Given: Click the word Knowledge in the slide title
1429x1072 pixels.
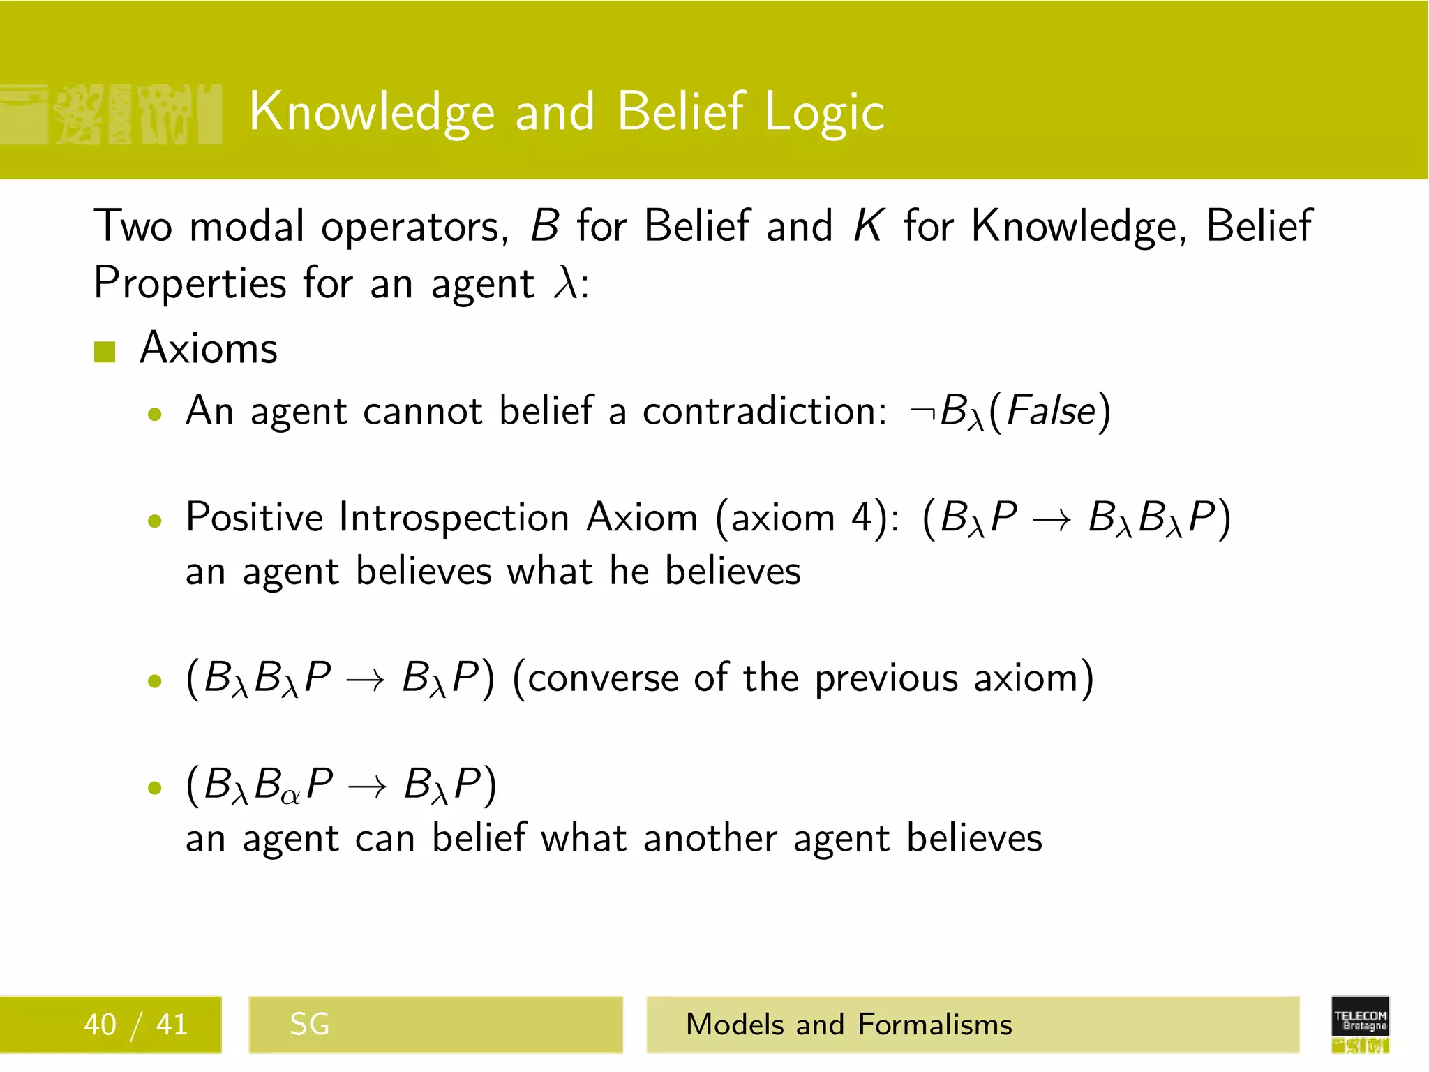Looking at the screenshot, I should tap(372, 112).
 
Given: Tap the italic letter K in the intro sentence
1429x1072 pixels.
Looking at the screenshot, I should tap(868, 226).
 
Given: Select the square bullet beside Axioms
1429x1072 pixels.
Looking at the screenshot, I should tap(105, 352).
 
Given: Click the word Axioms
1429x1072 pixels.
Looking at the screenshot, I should tap(209, 348).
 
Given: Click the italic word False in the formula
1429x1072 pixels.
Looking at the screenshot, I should tap(1051, 411).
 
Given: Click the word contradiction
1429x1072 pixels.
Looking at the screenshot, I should tap(765, 411).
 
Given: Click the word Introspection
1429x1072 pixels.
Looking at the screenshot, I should tap(454, 518).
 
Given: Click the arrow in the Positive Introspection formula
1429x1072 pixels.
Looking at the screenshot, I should tap(1051, 521).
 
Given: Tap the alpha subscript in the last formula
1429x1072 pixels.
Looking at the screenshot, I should tap(291, 795).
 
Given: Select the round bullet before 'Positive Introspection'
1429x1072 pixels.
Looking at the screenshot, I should tap(155, 521).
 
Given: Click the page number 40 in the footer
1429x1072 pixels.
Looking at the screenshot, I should tap(100, 1025).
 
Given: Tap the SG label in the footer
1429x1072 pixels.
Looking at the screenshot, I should tap(309, 1025).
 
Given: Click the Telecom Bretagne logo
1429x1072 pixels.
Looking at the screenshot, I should tap(1360, 1023).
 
